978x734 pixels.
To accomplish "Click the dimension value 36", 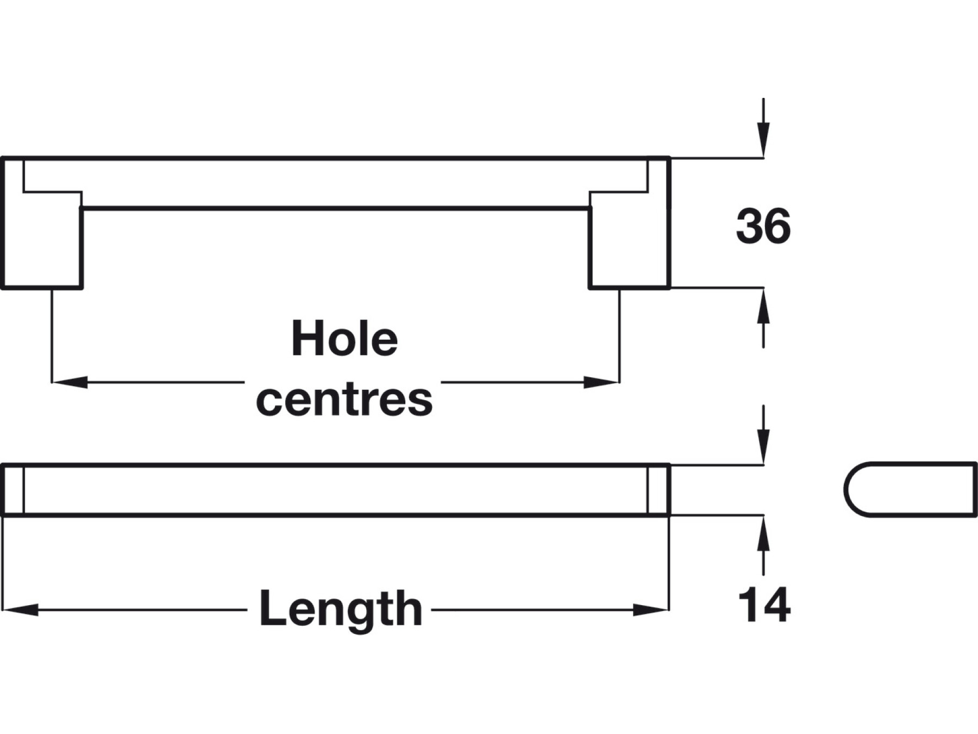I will click(x=763, y=227).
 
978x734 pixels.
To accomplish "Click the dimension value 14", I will click(x=764, y=605).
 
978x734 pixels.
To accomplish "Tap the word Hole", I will click(x=344, y=339).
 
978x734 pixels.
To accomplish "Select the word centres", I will click(x=344, y=400).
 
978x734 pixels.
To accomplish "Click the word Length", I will click(x=341, y=608).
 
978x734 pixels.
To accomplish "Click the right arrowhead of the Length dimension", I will click(x=651, y=609).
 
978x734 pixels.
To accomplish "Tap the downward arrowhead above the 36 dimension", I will click(x=763, y=140).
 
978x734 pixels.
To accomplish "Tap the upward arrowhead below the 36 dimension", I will click(x=763, y=306).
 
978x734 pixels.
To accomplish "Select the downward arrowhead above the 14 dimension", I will click(x=763, y=447).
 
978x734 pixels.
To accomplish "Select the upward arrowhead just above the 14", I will click(x=763, y=533).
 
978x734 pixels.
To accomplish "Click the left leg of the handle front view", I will click(x=42, y=239).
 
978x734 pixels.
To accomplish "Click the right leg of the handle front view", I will click(x=629, y=239).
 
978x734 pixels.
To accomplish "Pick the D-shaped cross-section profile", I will click(x=911, y=489).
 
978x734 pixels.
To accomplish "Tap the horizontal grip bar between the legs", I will click(x=336, y=184).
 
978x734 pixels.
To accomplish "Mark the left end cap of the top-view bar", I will click(x=13, y=489).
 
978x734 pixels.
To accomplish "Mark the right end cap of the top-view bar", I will click(x=658, y=489).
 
